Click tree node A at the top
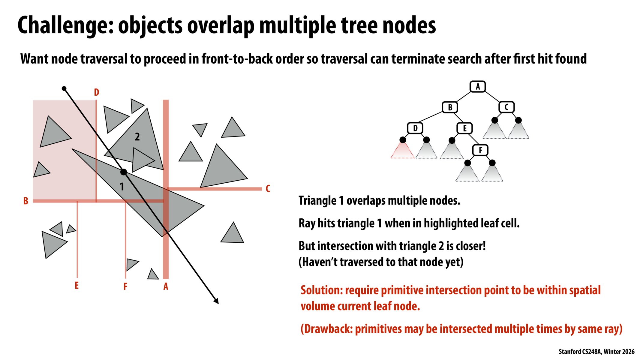pos(477,87)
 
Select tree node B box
pos(450,107)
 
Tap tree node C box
pos(506,107)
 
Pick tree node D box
pos(415,128)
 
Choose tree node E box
pos(464,128)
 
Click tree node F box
pos(480,150)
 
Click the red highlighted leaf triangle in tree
pos(402,151)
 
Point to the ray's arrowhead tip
pos(218,303)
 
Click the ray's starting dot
pos(64,88)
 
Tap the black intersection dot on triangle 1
pos(123,172)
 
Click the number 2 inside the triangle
pos(137,137)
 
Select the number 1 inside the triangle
pos(122,187)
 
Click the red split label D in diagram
pos(96,92)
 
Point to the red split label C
pos(268,189)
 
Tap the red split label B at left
pos(26,201)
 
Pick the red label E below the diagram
pos(77,285)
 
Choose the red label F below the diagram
pos(125,286)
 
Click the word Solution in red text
pos(321,290)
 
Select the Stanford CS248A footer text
pos(596,351)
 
